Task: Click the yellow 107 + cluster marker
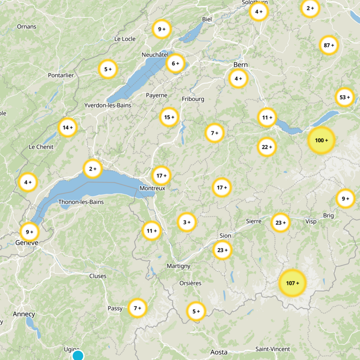[292, 283]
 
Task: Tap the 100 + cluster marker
[321, 140]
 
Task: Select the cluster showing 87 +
[329, 45]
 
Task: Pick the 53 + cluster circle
[345, 97]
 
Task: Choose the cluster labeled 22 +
[267, 147]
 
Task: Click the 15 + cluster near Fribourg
[169, 117]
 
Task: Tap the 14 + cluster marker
[67, 127]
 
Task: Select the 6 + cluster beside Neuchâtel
[175, 63]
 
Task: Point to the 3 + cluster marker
[186, 222]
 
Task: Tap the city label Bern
[241, 65]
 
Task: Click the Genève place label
[27, 243]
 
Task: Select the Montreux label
[153, 188]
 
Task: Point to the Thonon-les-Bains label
[81, 202]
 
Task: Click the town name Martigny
[179, 266]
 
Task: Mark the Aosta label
[219, 352]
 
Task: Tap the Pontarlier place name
[61, 75]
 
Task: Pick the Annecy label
[24, 314]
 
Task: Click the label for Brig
[328, 216]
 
